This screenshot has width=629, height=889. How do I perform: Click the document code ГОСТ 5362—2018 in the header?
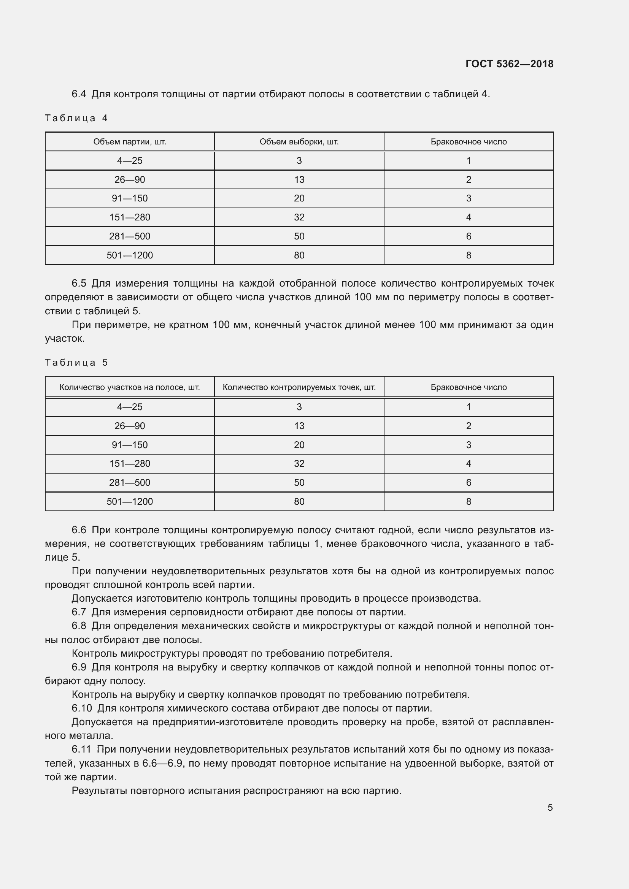pyautogui.click(x=509, y=64)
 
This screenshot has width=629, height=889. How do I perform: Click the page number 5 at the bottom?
pyautogui.click(x=550, y=807)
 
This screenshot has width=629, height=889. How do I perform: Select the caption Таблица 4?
pyautogui.click(x=76, y=118)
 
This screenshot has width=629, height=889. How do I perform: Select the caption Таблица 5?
pyautogui.click(x=76, y=363)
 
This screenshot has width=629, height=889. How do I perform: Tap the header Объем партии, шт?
pyautogui.click(x=130, y=142)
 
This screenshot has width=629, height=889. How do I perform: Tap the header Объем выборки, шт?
pyautogui.click(x=299, y=142)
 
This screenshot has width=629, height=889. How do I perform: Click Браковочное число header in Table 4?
pyautogui.click(x=469, y=142)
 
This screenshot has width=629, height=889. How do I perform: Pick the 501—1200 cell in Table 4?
pyautogui.click(x=130, y=255)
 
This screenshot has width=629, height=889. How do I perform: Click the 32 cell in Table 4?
pyautogui.click(x=299, y=217)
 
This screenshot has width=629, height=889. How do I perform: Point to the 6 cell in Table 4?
pyautogui.click(x=469, y=236)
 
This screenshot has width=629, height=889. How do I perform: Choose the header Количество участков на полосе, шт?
pyautogui.click(x=130, y=387)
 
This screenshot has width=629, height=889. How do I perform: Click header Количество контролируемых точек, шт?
pyautogui.click(x=299, y=387)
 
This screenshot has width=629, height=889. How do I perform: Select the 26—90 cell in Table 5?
pyautogui.click(x=130, y=426)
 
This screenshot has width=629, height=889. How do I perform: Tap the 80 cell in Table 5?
pyautogui.click(x=299, y=501)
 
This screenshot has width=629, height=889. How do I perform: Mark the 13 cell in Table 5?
pyautogui.click(x=299, y=426)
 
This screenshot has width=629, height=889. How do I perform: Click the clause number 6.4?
pyautogui.click(x=79, y=94)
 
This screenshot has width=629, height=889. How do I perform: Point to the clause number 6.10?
pyautogui.click(x=82, y=708)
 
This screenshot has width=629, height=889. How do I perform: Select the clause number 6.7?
pyautogui.click(x=79, y=612)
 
